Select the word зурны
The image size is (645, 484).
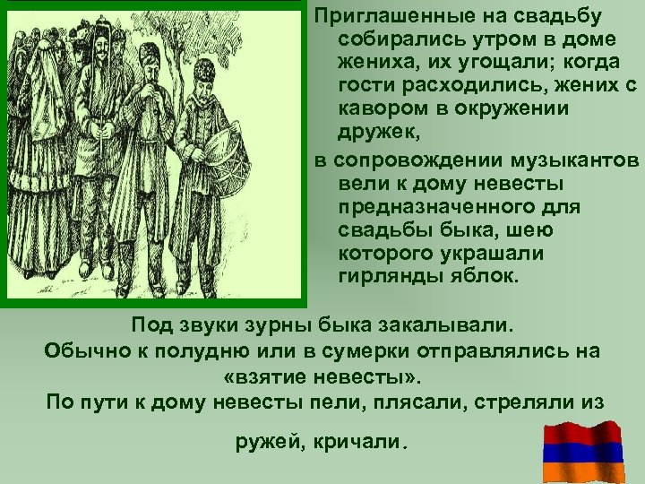point(246,324)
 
